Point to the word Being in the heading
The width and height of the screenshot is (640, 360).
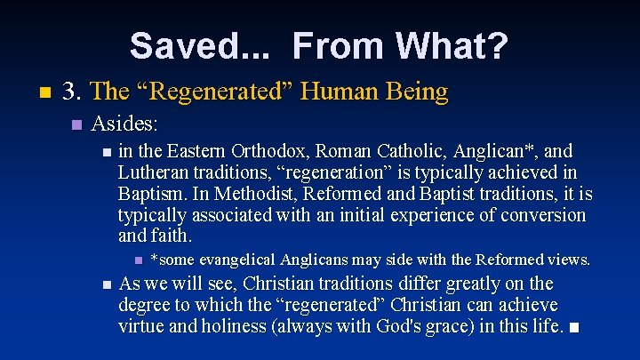pos(417,92)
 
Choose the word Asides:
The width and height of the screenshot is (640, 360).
pos(124,122)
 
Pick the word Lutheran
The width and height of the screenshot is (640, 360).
pos(154,172)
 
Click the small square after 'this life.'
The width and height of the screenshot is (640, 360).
pos(575,328)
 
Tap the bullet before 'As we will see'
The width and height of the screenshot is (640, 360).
pos(107,285)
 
